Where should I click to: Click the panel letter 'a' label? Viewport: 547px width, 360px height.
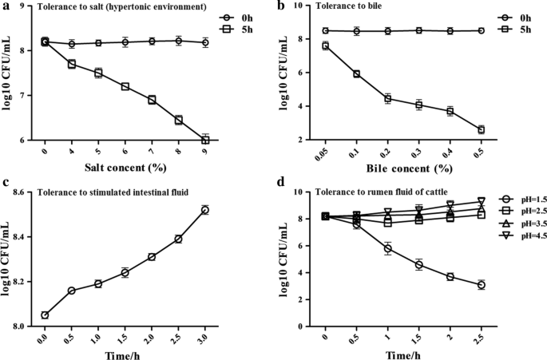coord(6,7)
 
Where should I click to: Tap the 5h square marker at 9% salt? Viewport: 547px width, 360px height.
coord(205,140)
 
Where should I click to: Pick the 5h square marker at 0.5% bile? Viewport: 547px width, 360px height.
coord(481,129)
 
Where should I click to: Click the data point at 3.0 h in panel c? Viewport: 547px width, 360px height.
coord(205,210)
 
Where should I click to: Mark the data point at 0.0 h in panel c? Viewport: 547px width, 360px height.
coord(45,315)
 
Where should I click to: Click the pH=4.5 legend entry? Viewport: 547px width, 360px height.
coord(513,235)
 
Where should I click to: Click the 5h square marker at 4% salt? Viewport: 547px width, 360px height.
coord(71,64)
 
